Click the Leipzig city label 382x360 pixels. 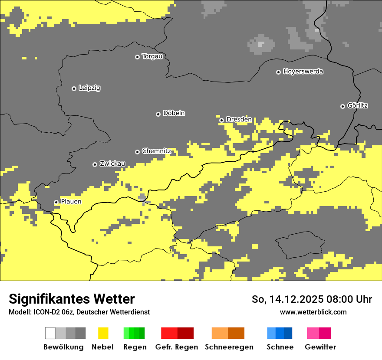click(89, 88)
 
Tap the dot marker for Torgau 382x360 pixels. click(137, 57)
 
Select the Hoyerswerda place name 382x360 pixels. click(303, 72)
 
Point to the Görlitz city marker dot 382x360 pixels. click(342, 106)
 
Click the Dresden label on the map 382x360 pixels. click(239, 119)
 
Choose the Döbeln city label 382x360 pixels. click(174, 113)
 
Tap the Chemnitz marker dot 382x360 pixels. click(137, 152)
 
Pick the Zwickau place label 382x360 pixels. click(112, 164)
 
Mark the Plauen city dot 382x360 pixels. click(56, 203)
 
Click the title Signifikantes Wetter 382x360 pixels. click(72, 299)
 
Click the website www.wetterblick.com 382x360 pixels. click(313, 312)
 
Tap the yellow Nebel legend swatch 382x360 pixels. click(103, 333)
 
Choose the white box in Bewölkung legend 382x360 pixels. click(50, 333)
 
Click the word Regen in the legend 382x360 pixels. click(135, 347)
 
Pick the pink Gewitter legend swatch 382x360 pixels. click(313, 333)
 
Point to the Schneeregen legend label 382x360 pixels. click(229, 347)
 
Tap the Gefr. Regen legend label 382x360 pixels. click(177, 347)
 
